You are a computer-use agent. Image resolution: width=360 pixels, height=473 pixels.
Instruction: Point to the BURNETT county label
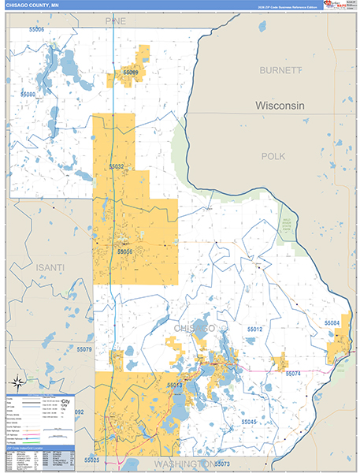[281, 70]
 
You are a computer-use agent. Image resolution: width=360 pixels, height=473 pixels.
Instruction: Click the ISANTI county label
[51, 268]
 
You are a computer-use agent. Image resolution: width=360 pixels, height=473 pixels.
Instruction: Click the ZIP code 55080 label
[28, 94]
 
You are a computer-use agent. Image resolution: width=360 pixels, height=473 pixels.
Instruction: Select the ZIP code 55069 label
[130, 73]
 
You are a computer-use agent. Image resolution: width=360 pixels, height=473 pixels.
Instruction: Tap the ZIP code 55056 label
[125, 251]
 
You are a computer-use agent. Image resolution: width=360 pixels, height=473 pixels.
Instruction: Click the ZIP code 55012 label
[254, 329]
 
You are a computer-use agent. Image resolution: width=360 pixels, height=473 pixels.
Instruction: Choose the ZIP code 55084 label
[332, 323]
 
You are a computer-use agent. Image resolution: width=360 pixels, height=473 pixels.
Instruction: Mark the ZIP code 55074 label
[293, 373]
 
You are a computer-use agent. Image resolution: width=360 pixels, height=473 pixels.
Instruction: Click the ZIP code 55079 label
[84, 349]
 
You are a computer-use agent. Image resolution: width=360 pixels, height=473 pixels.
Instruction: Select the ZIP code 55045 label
[249, 422]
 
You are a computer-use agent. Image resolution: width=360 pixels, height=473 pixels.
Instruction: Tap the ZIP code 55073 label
[221, 463]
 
